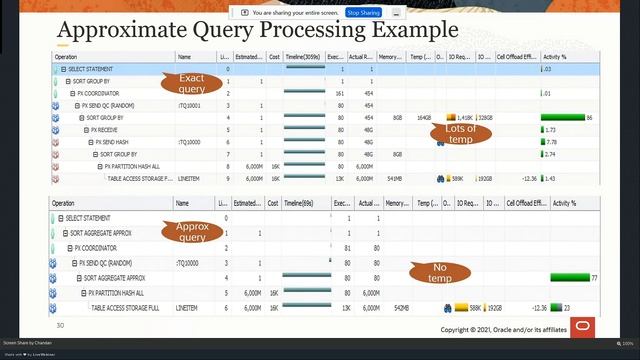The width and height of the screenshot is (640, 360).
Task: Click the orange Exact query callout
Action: coord(191,82)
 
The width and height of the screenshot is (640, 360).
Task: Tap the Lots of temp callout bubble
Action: coord(460,134)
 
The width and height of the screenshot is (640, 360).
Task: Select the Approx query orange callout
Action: coord(191,232)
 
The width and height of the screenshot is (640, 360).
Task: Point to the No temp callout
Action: coord(439,272)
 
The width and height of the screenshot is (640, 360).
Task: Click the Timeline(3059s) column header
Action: coord(305,57)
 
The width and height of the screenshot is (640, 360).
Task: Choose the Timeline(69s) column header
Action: coord(302,203)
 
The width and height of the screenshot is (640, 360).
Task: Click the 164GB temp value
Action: coord(424,117)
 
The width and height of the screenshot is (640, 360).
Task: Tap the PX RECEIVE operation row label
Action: coord(104,130)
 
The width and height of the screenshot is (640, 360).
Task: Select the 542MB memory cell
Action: coord(397,309)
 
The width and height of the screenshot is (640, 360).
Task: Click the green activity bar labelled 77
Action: coord(570,277)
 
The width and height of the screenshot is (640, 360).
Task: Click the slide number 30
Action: coord(60,325)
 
